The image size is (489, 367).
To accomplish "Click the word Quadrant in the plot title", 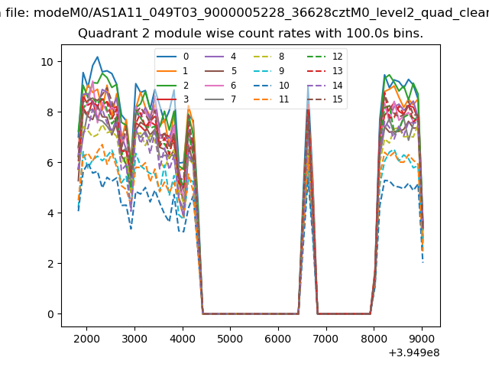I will [102, 34].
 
